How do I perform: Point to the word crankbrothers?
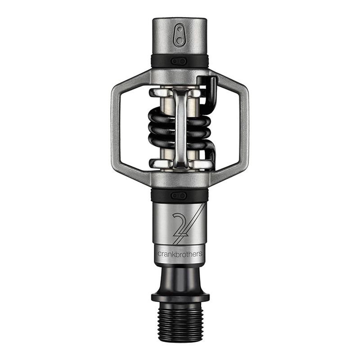(180, 254)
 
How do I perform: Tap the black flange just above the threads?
(180, 297)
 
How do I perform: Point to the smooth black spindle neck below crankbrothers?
(180, 277)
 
